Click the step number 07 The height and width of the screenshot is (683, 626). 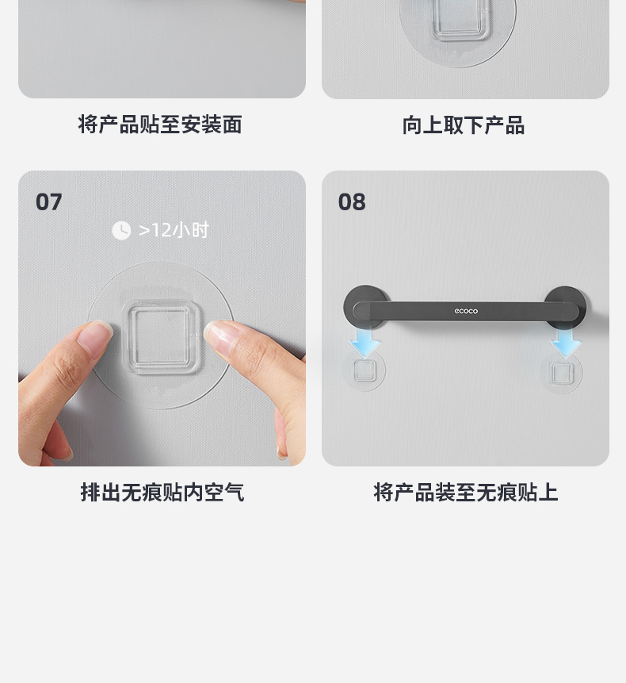tap(48, 202)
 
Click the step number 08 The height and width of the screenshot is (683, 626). tap(352, 202)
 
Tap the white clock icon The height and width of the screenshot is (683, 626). tap(121, 230)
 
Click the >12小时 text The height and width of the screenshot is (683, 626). tap(174, 230)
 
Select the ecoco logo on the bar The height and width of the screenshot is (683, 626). tap(466, 311)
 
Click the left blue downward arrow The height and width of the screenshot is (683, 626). tap(365, 343)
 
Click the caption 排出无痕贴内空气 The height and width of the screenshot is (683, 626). tap(162, 493)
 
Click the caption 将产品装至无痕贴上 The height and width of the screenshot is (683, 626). tap(465, 493)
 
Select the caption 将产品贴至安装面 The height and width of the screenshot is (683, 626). tap(159, 125)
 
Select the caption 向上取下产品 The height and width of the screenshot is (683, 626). tap(464, 125)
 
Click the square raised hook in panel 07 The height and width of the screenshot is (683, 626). tap(161, 336)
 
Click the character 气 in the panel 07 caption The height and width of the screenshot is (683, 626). tap(234, 493)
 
